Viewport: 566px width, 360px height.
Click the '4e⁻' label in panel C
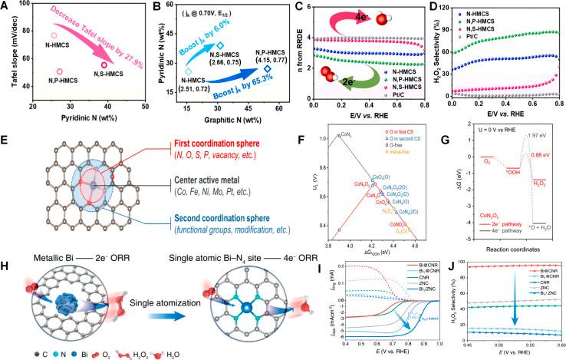337,22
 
